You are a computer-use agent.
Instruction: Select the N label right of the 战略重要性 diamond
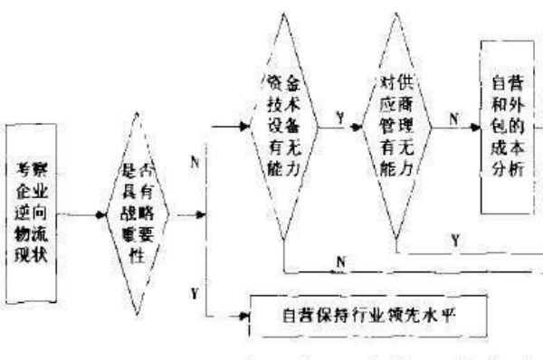[195, 163]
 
